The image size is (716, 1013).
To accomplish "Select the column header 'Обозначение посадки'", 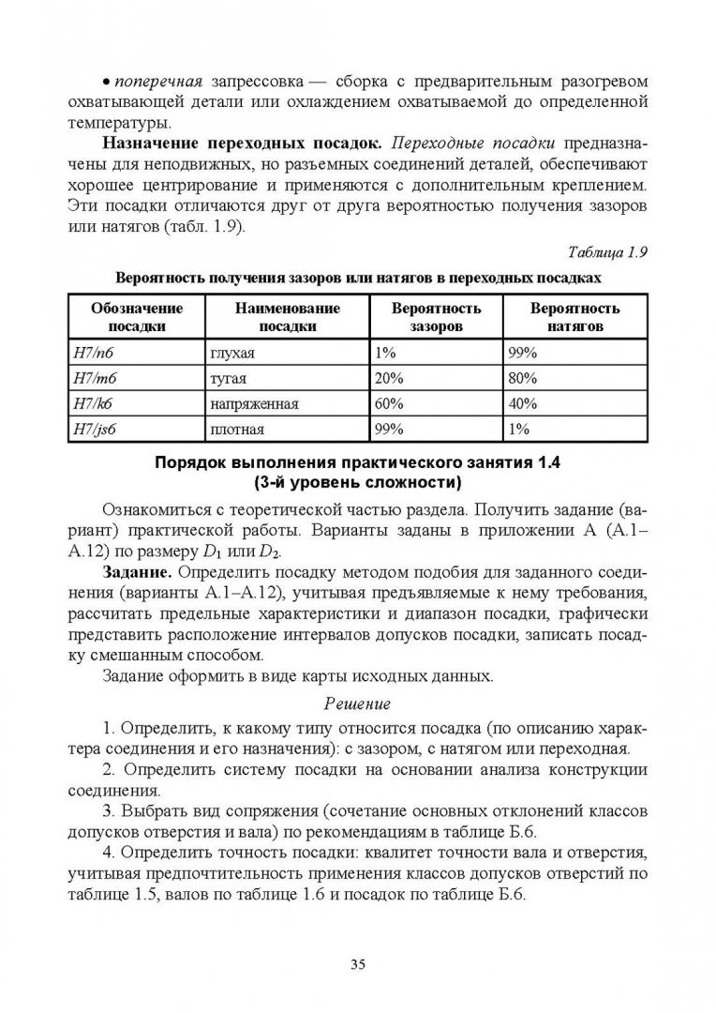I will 137,317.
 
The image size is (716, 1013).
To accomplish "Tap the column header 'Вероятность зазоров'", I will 436,317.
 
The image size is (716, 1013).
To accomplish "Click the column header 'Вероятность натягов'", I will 574,317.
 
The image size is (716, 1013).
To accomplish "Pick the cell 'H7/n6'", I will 92,353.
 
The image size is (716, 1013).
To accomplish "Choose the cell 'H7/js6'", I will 96,429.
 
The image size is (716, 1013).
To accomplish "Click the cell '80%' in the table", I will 522,378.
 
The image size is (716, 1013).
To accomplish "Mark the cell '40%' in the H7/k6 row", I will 522,403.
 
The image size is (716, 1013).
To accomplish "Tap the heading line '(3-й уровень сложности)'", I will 357,483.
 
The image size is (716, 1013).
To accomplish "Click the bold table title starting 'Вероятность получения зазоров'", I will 357,279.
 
